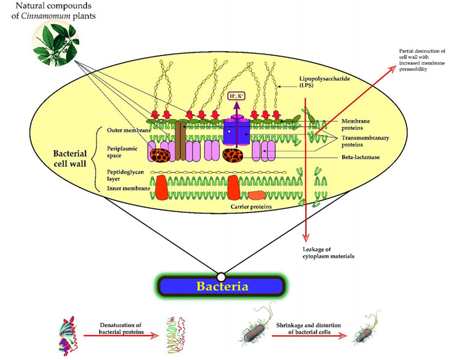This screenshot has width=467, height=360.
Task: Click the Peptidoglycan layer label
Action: click(x=122, y=176)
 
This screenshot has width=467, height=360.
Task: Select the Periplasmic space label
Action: click(x=122, y=152)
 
